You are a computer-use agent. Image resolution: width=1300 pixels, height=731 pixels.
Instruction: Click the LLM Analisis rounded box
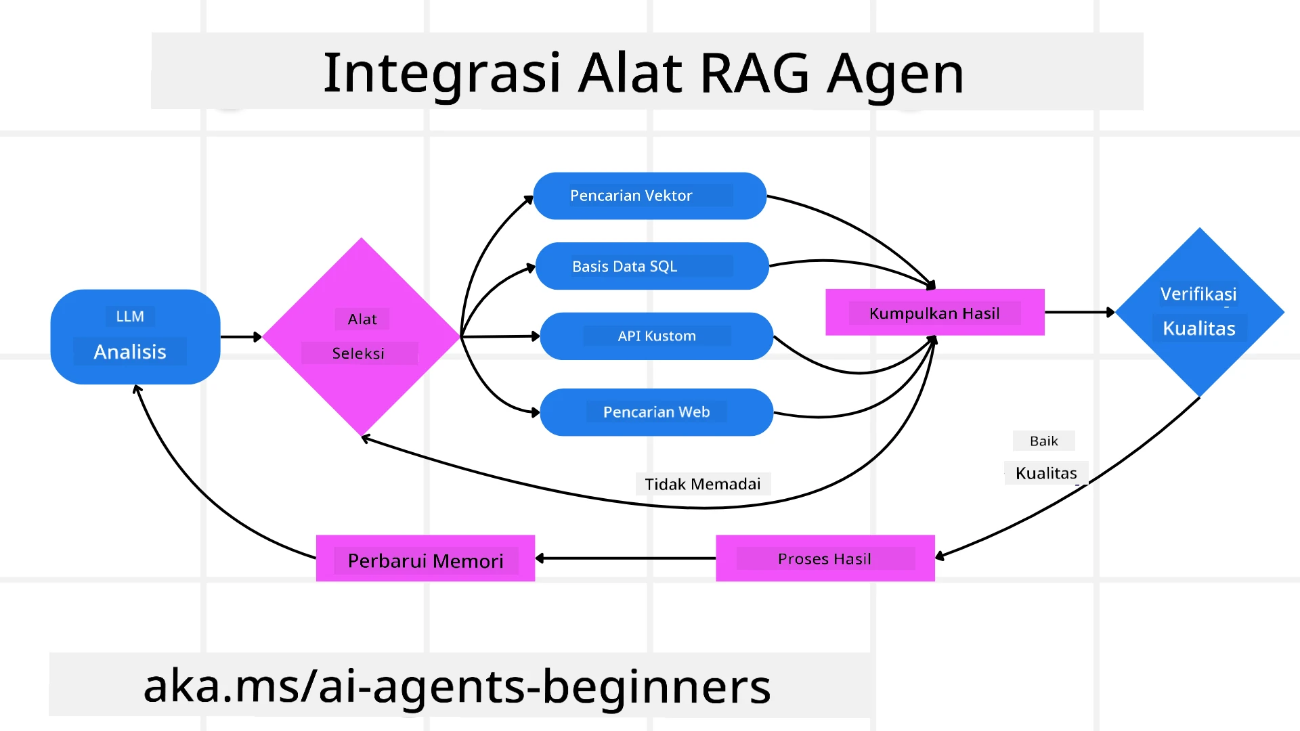[135, 336]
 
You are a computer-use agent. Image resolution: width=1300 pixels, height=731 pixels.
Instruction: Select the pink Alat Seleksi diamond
[361, 336]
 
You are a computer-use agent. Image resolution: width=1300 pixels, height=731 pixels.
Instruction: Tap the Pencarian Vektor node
[649, 196]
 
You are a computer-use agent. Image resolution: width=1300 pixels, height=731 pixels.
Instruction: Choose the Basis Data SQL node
[651, 266]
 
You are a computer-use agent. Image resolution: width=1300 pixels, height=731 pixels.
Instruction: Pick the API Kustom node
[656, 336]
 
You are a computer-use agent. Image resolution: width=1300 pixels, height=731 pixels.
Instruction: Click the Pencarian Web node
[656, 412]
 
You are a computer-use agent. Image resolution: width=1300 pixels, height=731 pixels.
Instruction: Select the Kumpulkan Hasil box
[934, 313]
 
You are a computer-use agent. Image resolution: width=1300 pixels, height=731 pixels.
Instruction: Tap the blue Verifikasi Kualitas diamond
[1198, 311]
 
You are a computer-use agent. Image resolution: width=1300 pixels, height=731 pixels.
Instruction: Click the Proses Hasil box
[825, 558]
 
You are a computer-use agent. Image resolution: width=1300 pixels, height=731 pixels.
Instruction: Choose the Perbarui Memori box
[425, 559]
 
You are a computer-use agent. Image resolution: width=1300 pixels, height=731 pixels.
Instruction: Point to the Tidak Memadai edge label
[702, 484]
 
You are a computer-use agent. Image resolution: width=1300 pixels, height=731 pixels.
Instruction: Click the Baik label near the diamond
[1043, 441]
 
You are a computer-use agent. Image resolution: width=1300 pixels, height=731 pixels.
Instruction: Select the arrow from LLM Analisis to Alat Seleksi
[240, 336]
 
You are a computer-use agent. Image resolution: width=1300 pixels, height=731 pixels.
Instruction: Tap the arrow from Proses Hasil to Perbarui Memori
[625, 558]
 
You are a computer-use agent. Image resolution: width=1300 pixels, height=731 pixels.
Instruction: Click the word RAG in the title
[754, 72]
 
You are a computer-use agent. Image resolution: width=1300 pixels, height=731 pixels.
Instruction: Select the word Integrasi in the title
[441, 72]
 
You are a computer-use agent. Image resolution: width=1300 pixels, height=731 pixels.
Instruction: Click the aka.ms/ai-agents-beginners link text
[457, 685]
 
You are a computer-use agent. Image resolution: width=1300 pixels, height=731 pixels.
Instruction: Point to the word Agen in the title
[895, 72]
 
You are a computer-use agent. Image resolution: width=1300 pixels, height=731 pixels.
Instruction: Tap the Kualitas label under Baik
[1045, 473]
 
